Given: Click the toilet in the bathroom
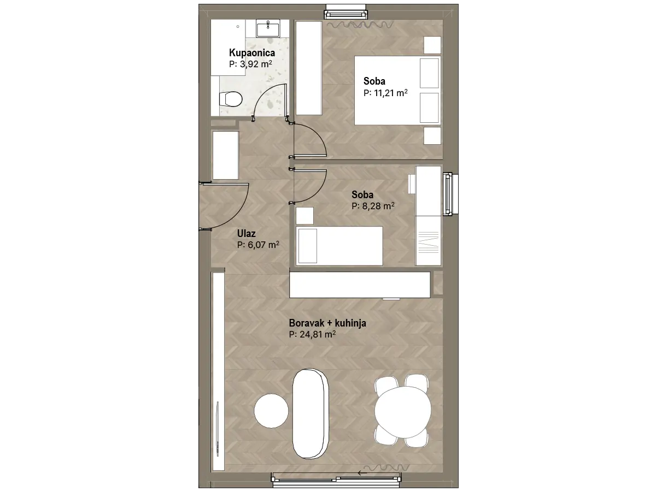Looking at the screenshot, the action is [231, 99].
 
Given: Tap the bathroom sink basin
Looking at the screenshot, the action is [268, 28].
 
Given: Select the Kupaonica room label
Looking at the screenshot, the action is [252, 53].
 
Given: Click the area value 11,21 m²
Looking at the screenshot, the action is [385, 93].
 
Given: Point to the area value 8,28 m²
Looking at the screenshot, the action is [373, 206].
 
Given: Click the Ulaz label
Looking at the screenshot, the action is [246, 233].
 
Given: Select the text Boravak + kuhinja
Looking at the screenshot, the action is [327, 323].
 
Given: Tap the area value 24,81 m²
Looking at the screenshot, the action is [312, 334].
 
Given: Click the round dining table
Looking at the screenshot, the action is [403, 411].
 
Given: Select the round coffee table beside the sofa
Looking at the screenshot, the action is [271, 411].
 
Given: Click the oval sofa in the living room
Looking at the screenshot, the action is [311, 413].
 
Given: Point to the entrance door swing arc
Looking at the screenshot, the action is [239, 213].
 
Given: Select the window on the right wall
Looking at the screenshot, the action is [450, 194].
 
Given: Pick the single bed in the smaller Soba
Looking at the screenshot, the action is [339, 246].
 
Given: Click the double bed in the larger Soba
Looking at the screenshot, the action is [397, 91].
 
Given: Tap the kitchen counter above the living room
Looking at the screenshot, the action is [360, 284].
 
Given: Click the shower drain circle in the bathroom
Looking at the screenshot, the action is [238, 27].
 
